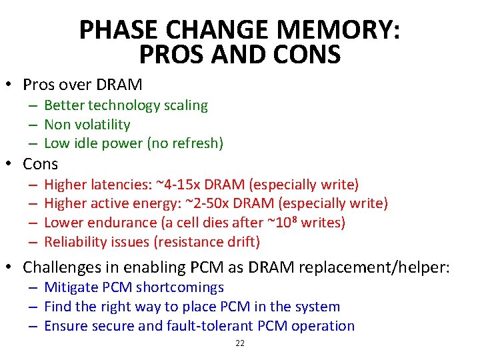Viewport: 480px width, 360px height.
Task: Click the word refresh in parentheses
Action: [x=194, y=143]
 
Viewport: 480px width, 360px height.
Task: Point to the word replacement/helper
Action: [x=376, y=268]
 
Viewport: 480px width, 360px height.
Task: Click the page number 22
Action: [x=240, y=343]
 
